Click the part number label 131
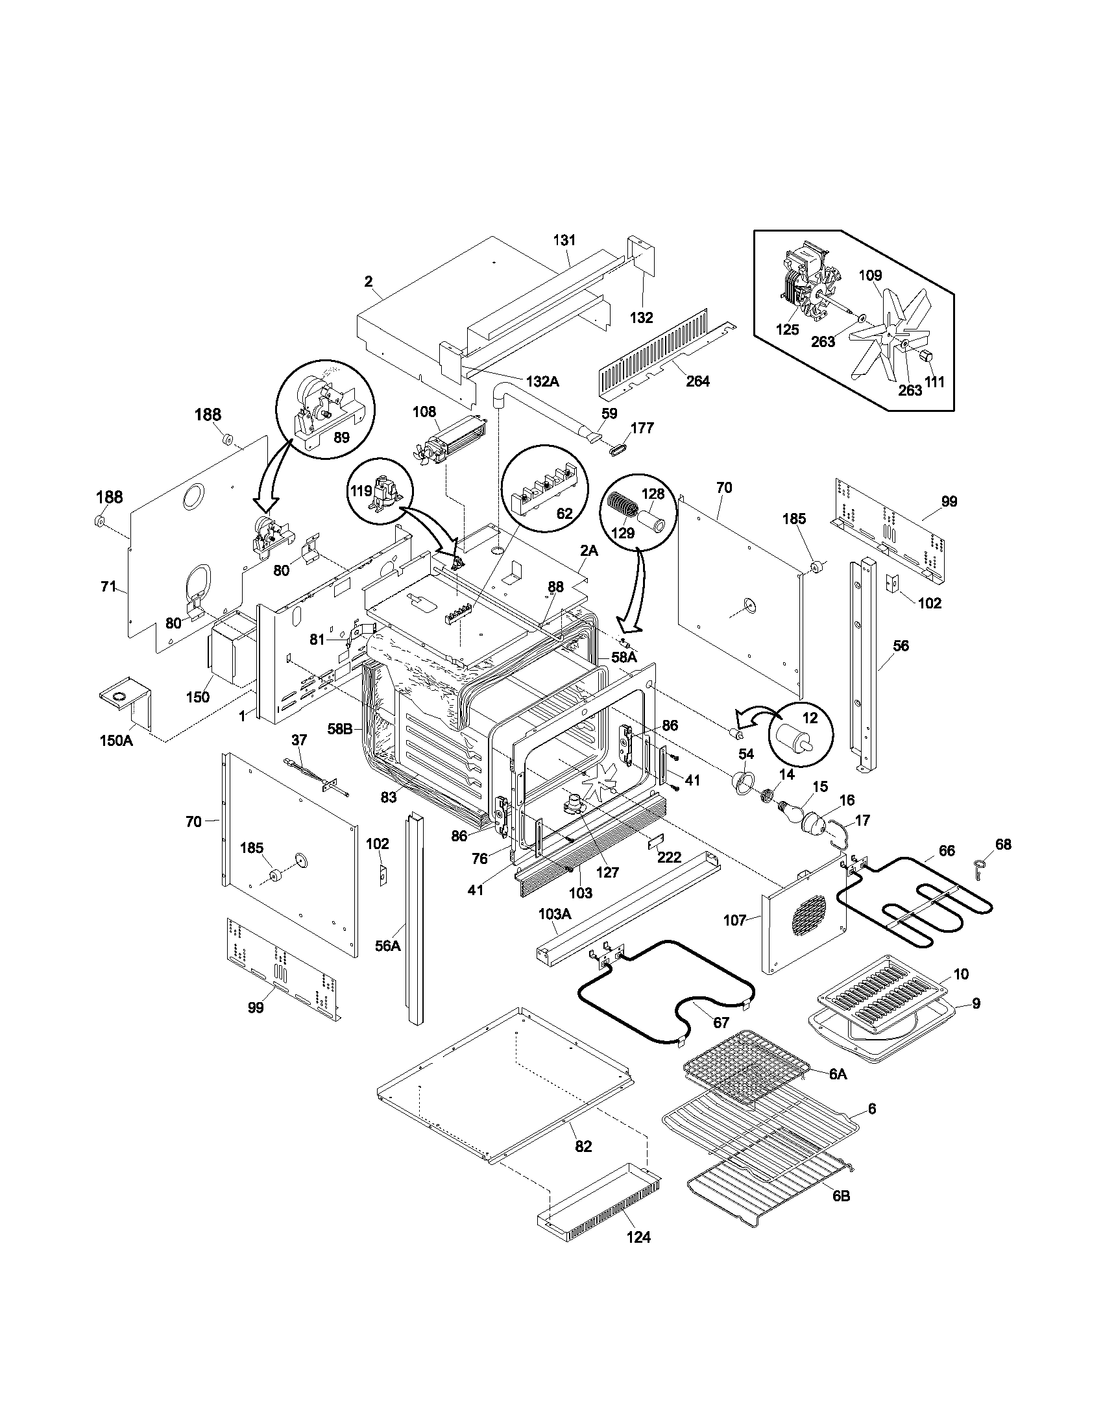pos(564,240)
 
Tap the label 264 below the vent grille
pos(697,381)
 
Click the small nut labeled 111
pos(927,356)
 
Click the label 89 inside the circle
pos(341,437)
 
